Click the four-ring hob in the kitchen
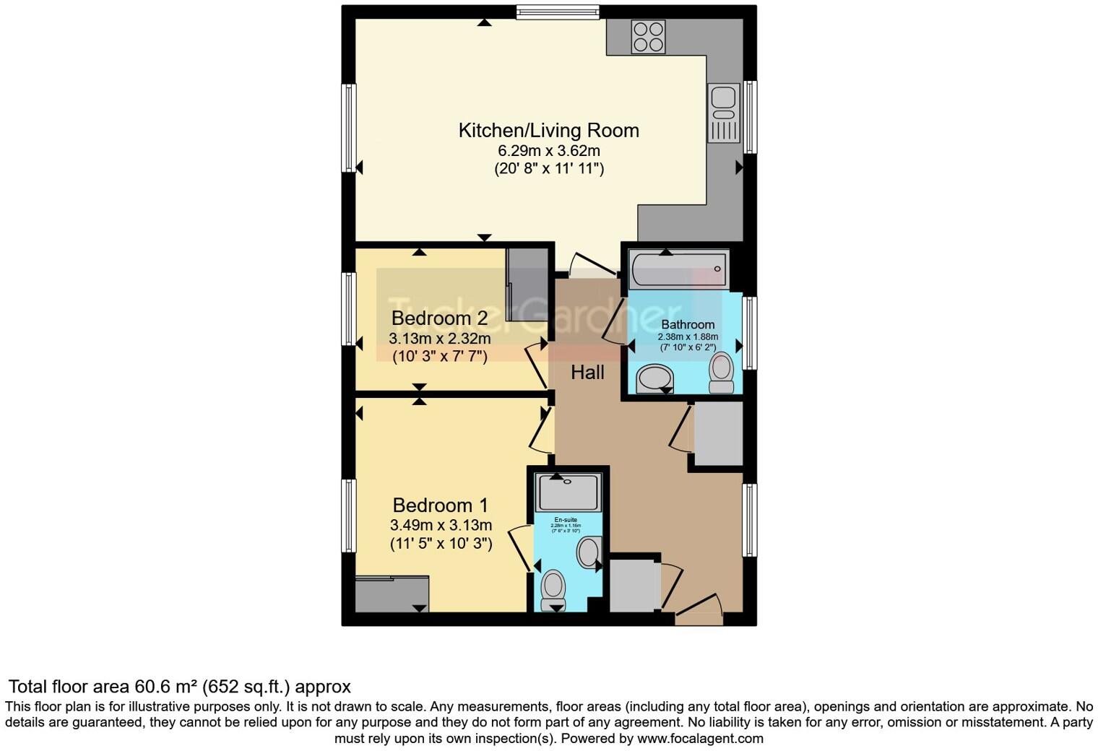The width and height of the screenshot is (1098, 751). click(648, 37)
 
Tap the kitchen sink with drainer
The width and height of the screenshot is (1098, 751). click(723, 112)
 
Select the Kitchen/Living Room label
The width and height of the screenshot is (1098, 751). click(548, 131)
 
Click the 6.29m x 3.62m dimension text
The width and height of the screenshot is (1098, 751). click(548, 151)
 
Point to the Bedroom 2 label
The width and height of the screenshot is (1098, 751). click(439, 318)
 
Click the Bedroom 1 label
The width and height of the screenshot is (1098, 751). click(440, 505)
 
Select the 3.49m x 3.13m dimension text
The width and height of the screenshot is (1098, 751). click(441, 525)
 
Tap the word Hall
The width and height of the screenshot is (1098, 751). click(587, 373)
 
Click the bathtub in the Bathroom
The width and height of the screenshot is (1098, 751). click(678, 269)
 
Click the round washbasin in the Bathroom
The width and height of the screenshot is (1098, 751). click(656, 377)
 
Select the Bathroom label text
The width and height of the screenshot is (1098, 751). click(687, 325)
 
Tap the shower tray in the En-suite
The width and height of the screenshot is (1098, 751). click(569, 493)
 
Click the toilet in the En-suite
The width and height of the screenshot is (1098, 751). click(554, 588)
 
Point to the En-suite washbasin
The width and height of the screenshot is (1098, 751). click(589, 552)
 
